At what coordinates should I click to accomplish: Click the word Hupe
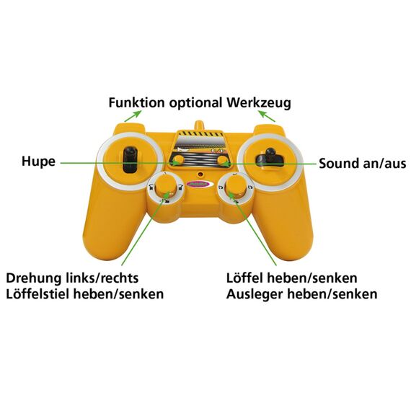click(38, 162)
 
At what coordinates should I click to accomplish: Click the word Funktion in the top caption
click(136, 102)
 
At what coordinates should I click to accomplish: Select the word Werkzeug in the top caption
click(259, 103)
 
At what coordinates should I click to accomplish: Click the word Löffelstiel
click(37, 294)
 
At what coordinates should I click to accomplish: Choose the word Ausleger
click(255, 295)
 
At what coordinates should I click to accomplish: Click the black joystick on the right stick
click(270, 158)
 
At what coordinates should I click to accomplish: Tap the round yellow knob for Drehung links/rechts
click(166, 185)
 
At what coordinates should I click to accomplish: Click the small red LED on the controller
click(201, 174)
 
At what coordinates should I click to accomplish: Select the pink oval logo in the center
click(198, 185)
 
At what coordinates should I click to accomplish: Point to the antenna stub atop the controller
click(199, 125)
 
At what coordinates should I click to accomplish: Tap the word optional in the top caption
click(195, 103)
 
